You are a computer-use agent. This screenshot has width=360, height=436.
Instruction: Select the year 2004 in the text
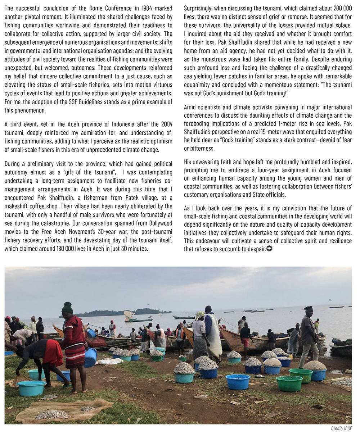click(165, 124)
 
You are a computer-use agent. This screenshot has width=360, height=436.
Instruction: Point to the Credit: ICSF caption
click(341, 428)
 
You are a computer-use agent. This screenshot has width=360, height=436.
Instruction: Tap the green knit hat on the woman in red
click(67, 308)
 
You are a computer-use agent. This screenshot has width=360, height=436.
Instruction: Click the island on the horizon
click(115, 312)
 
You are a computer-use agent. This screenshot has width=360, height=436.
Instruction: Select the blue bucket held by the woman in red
click(90, 357)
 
